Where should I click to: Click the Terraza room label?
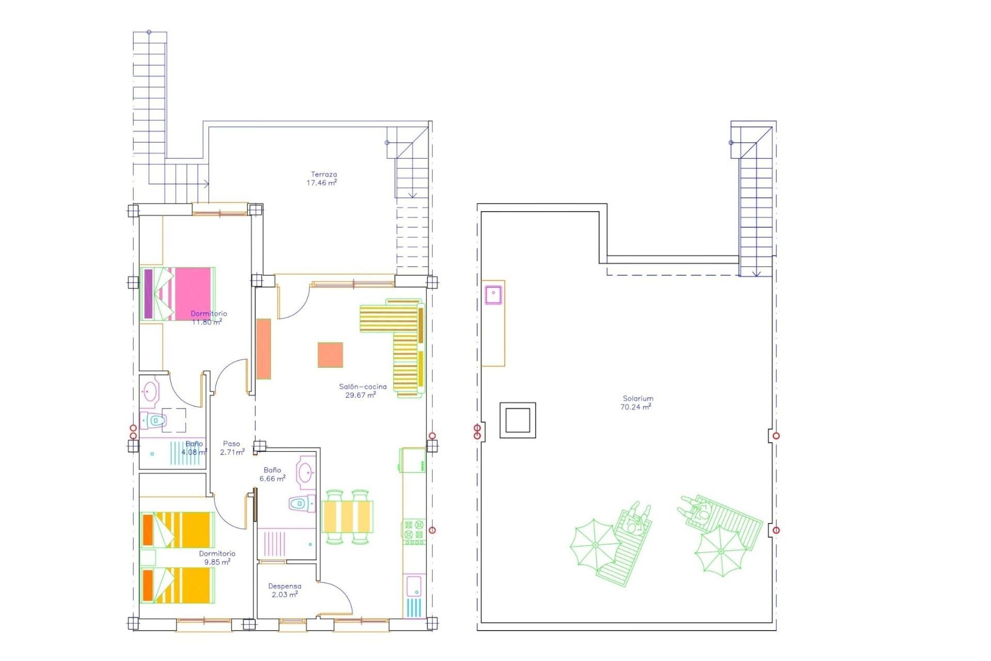click(x=324, y=175)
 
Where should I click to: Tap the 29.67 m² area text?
click(x=360, y=395)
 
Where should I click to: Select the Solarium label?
click(x=638, y=398)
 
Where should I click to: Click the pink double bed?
click(x=177, y=293)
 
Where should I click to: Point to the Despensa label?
click(x=284, y=586)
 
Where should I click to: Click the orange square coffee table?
click(x=330, y=355)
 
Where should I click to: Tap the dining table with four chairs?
click(x=347, y=516)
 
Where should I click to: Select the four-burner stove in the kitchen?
click(x=414, y=531)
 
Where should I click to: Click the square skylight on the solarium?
click(x=517, y=420)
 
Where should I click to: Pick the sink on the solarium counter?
click(x=493, y=294)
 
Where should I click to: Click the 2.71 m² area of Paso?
click(x=232, y=452)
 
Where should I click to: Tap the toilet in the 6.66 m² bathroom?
click(x=302, y=503)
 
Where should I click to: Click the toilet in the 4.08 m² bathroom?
click(x=153, y=421)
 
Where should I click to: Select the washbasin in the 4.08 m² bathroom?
click(x=150, y=391)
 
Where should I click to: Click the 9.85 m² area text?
click(x=217, y=562)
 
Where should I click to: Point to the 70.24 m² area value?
click(x=636, y=407)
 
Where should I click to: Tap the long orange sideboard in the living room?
click(x=264, y=349)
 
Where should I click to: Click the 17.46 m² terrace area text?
click(x=322, y=183)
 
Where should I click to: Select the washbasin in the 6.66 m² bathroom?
click(x=305, y=471)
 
